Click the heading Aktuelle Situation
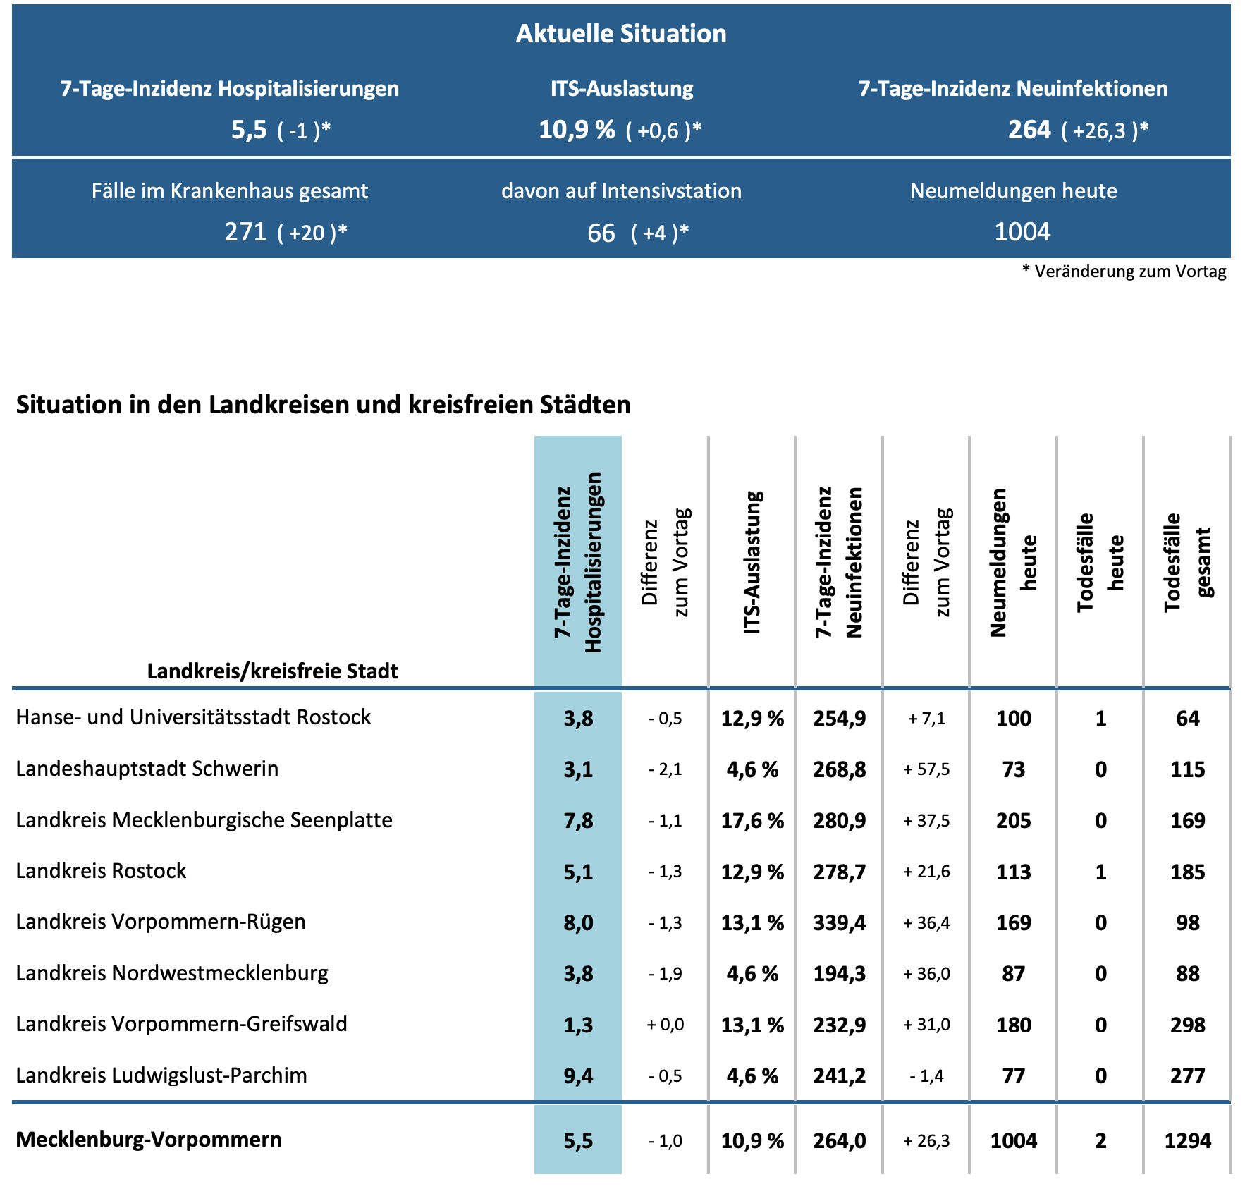(621, 34)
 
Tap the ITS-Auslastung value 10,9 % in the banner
(577, 130)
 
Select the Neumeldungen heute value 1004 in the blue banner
(1022, 232)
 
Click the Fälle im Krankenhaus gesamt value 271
(245, 232)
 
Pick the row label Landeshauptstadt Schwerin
(147, 769)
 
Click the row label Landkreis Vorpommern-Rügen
(161, 922)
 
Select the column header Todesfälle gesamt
(1188, 562)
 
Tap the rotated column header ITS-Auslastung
(753, 562)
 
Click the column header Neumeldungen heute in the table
(1014, 562)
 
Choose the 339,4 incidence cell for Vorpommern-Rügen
(839, 923)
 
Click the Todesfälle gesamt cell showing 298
(1187, 1025)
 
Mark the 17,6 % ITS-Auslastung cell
(752, 821)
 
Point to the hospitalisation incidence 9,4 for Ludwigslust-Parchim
(578, 1076)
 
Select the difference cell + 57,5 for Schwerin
(926, 769)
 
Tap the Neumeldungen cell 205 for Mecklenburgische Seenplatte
(1014, 821)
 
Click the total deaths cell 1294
(1187, 1141)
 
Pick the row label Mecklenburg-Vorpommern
(149, 1140)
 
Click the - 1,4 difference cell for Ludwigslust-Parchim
(926, 1076)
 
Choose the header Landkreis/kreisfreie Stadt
(272, 671)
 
